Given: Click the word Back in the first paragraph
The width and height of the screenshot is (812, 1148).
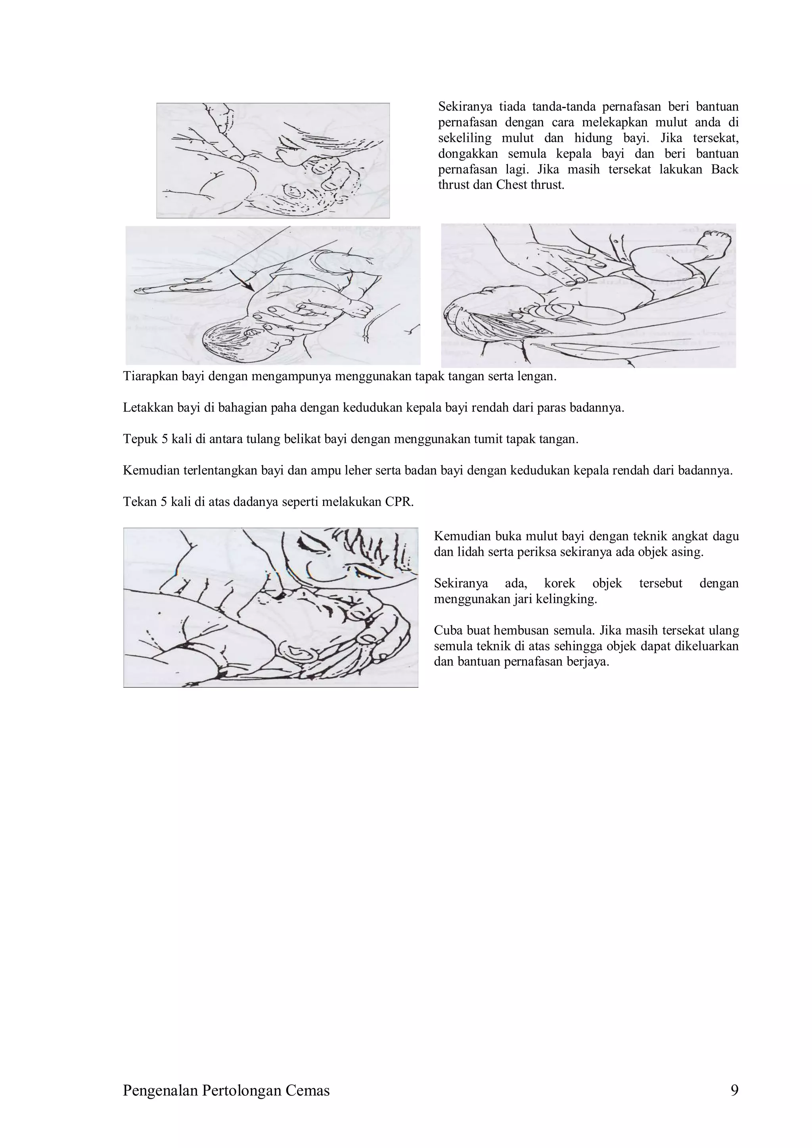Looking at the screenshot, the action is click(x=724, y=169).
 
